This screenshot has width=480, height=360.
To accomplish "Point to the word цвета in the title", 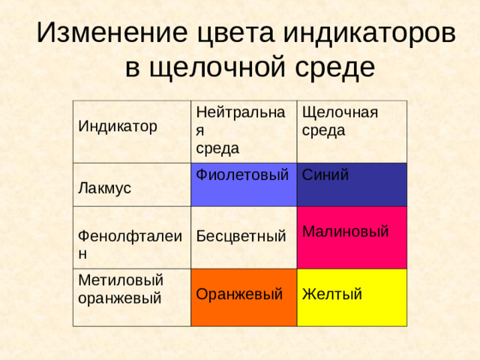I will pyautogui.click(x=233, y=34).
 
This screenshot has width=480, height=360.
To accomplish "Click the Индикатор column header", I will pyautogui.click(x=118, y=126).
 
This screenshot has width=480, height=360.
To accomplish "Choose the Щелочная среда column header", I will pyautogui.click(x=338, y=121).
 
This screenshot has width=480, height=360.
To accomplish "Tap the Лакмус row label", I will pyautogui.click(x=105, y=187).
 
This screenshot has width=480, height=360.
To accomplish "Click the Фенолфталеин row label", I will pyautogui.click(x=129, y=244).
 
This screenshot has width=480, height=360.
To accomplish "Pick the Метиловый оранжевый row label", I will pyautogui.click(x=121, y=289).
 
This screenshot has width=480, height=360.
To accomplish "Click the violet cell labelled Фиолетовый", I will pyautogui.click(x=243, y=186).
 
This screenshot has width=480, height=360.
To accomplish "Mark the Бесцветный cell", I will pyautogui.click(x=241, y=237).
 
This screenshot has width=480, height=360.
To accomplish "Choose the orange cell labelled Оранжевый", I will pyautogui.click(x=243, y=296).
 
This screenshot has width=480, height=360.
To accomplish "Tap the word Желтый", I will pyautogui.click(x=332, y=293).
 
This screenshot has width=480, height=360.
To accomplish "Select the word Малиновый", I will pyautogui.click(x=345, y=232).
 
